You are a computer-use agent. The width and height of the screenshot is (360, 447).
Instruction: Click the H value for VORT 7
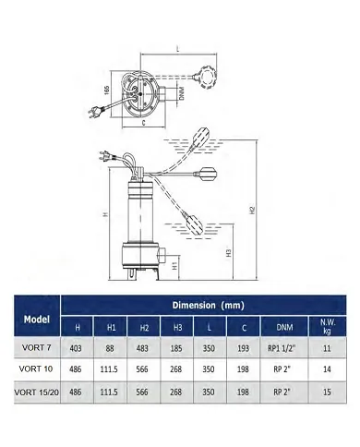coord(76,348)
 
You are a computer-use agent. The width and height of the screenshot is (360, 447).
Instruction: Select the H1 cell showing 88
coord(110,348)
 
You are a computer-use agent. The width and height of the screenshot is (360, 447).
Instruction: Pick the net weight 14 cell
coord(327,368)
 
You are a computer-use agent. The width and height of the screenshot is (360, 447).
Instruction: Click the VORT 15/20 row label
coord(37,393)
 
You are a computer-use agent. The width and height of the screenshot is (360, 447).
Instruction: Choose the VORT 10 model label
coord(36,368)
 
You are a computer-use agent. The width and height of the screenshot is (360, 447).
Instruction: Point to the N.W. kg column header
coord(327,326)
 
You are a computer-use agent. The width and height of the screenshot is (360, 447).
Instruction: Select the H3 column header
coord(177,327)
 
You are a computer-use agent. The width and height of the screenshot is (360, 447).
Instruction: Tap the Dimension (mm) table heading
coord(209,306)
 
